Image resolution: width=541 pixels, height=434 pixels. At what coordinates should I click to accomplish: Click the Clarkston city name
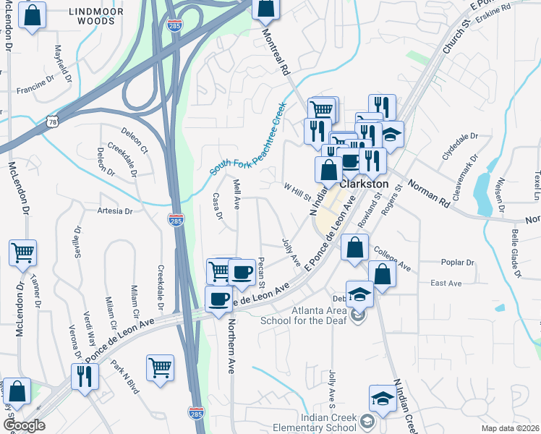pyautogui.click(x=364, y=185)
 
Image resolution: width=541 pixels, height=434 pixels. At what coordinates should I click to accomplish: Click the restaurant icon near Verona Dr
pyautogui.click(x=85, y=376)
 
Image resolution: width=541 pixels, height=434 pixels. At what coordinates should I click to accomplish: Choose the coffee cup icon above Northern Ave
pyautogui.click(x=218, y=299)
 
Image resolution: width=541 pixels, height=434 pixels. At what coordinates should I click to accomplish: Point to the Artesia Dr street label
pyautogui.click(x=115, y=212)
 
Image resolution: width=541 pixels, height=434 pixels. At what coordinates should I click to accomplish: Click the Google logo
pyautogui.click(x=23, y=425)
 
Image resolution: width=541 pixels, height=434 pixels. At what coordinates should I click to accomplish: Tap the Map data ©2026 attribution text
pyautogui.click(x=510, y=428)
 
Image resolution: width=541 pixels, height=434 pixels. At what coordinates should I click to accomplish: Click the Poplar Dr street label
pyautogui.click(x=456, y=263)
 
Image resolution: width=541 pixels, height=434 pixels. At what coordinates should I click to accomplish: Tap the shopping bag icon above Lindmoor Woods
pyautogui.click(x=32, y=15)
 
